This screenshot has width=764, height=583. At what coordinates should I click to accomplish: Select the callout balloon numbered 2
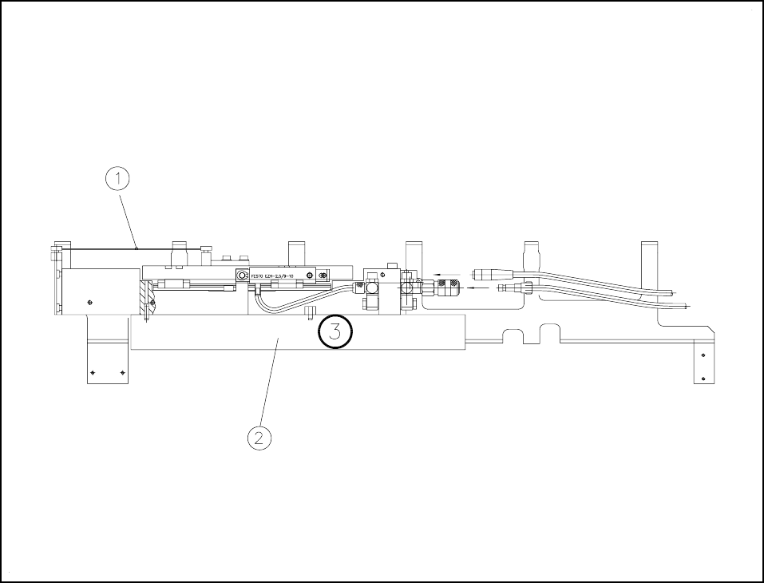click(x=259, y=437)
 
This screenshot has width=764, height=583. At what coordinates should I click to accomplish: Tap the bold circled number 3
click(x=335, y=332)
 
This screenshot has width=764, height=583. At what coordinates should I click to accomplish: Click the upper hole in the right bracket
click(x=703, y=355)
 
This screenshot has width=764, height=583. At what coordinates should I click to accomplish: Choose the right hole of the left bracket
click(x=121, y=372)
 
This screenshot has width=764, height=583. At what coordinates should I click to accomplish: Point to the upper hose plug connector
click(x=487, y=272)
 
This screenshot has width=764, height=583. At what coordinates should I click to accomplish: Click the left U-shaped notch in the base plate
click(x=513, y=335)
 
